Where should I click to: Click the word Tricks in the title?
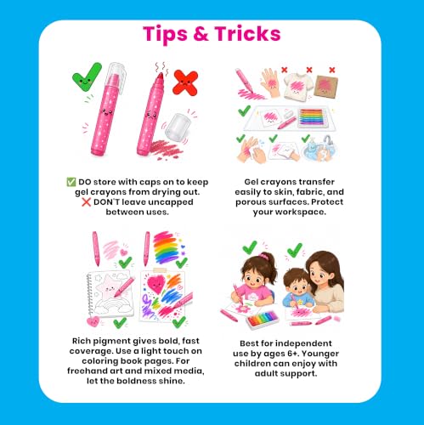[247, 34]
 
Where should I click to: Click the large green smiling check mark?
[87, 76]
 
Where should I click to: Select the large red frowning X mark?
[185, 82]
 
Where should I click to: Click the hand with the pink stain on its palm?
[270, 82]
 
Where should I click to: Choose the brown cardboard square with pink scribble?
[325, 86]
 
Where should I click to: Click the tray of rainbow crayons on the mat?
[312, 117]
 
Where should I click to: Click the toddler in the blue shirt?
[297, 288]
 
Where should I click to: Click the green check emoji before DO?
[71, 182]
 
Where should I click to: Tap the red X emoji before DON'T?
[86, 202]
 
